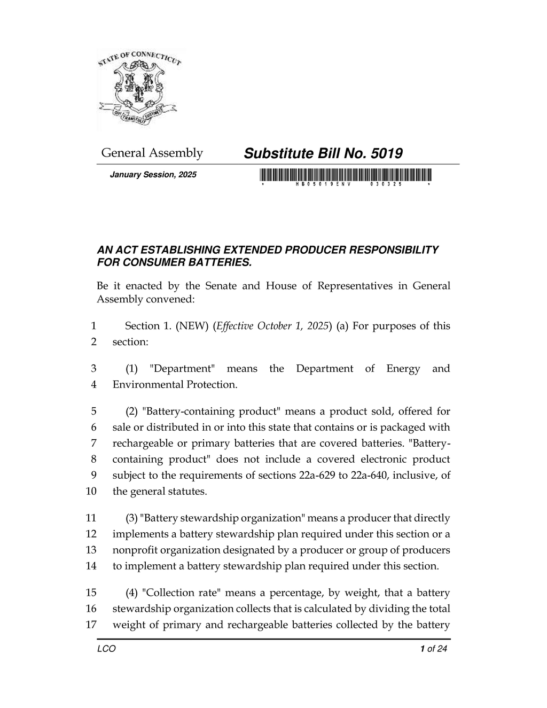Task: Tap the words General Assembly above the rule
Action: click(x=152, y=153)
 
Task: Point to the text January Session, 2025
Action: click(x=153, y=175)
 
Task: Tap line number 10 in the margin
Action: click(x=91, y=492)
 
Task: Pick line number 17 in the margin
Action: click(x=91, y=625)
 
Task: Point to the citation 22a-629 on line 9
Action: click(x=318, y=476)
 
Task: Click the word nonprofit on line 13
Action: click(x=134, y=550)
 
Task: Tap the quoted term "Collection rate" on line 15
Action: click(x=180, y=593)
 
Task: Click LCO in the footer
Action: click(x=106, y=649)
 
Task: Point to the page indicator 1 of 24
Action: click(x=433, y=649)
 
